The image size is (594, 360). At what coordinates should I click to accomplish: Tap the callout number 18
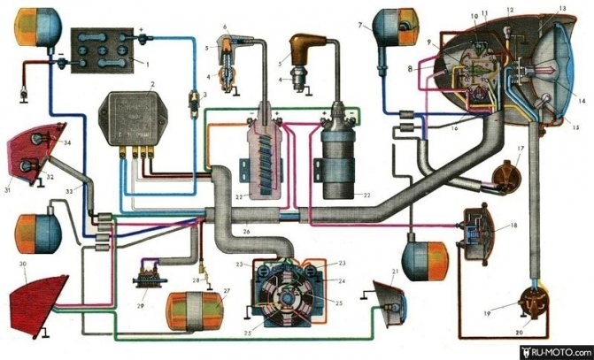click(513, 226)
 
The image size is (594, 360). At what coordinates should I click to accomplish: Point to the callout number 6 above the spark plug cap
click(226, 26)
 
